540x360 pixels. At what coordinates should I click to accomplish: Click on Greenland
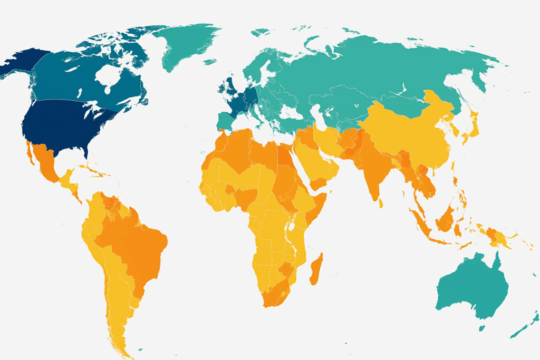pyautogui.click(x=187, y=45)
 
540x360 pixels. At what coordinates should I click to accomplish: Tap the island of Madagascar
pyautogui.click(x=316, y=269)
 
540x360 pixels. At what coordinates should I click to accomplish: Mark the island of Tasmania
pyautogui.click(x=481, y=328)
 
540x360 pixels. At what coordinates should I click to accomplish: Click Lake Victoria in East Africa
pyautogui.click(x=290, y=227)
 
